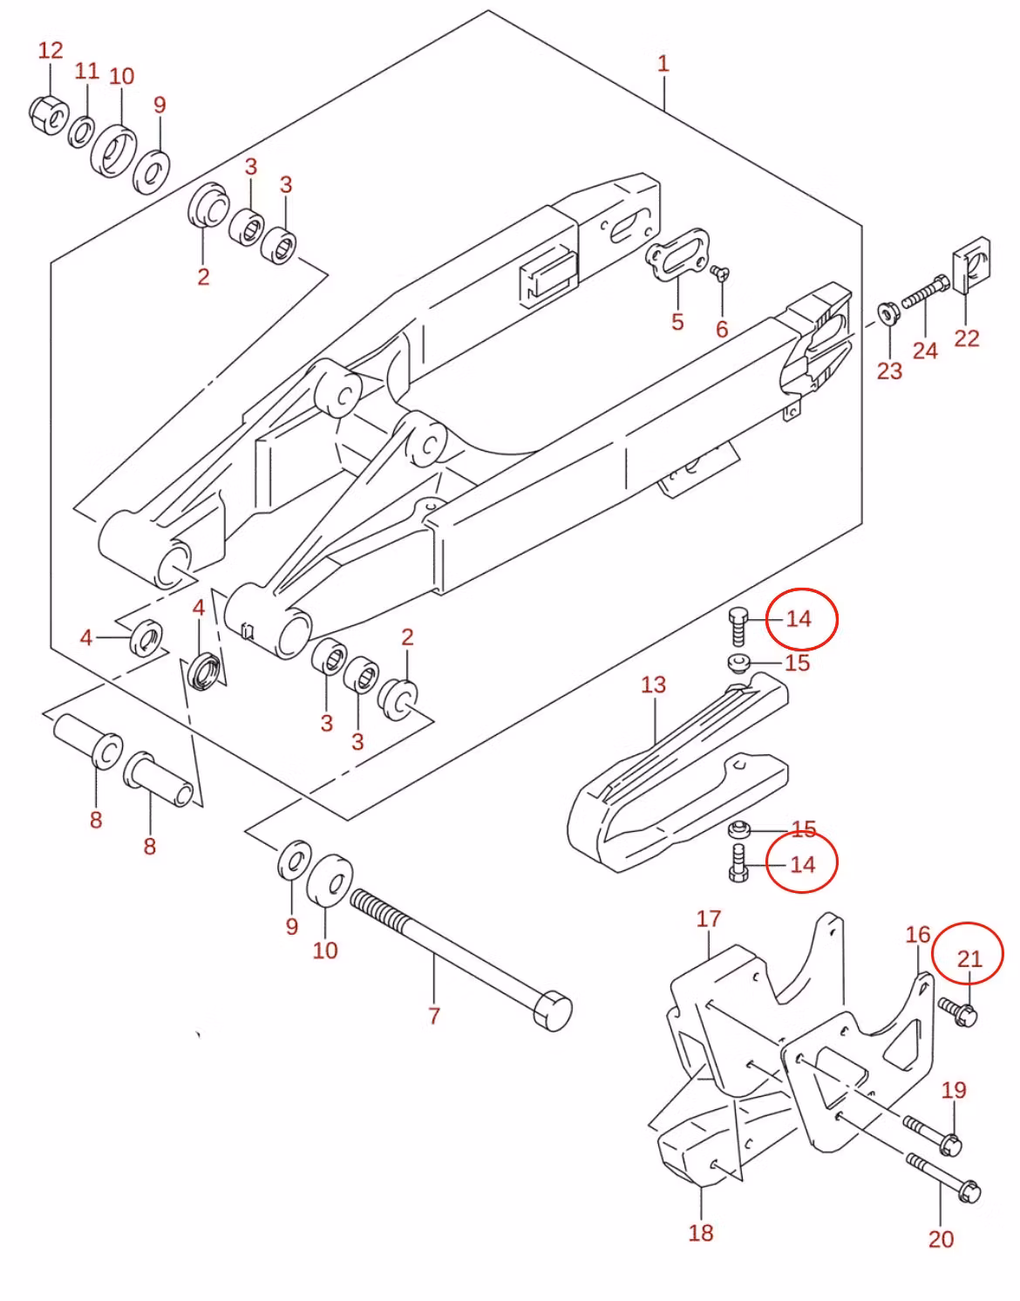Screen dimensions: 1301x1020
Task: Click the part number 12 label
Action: tap(51, 51)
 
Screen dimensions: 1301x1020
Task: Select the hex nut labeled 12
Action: tap(47, 114)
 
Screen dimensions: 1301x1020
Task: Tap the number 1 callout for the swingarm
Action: tap(663, 64)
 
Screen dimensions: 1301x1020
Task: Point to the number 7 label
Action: tap(433, 1015)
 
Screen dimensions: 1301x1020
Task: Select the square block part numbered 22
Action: tap(970, 267)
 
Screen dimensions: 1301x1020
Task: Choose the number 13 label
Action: tap(653, 685)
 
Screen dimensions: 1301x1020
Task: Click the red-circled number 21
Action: tap(969, 959)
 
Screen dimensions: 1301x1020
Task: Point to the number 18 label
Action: tap(701, 1232)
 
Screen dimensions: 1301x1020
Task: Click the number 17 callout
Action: tap(709, 918)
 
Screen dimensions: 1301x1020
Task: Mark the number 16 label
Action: tap(918, 935)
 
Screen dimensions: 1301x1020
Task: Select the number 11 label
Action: tap(86, 71)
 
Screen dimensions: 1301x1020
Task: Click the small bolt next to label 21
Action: tap(958, 1012)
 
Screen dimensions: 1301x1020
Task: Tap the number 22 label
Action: tap(966, 337)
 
